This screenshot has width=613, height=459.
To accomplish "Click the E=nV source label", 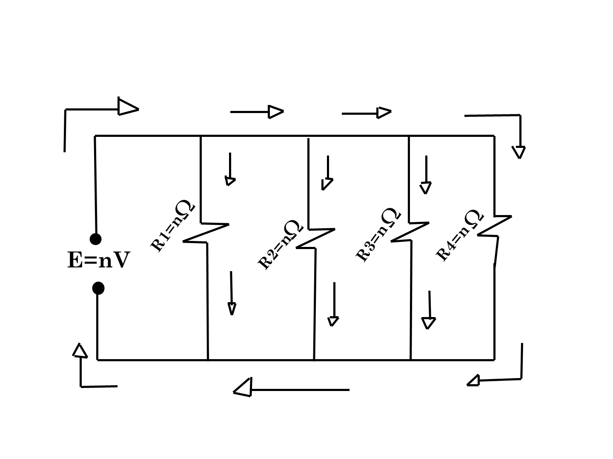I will pyautogui.click(x=98, y=260).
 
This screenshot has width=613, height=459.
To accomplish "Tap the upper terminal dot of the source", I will pyautogui.click(x=95, y=239).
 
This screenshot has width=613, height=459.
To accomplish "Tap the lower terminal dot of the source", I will pyautogui.click(x=98, y=288).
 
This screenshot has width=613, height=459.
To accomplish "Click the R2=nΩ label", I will pyautogui.click(x=280, y=245).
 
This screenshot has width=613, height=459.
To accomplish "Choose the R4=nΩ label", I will pyautogui.click(x=459, y=235).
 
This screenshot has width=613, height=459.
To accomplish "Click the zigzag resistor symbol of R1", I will pyautogui.click(x=206, y=233).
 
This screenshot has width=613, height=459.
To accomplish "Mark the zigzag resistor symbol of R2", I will pyautogui.click(x=315, y=238).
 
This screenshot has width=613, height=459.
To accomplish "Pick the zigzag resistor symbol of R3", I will pyautogui.click(x=410, y=232).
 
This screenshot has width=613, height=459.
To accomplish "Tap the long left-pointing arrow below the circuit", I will pyautogui.click(x=291, y=388).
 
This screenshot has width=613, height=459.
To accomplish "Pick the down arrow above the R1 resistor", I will pyautogui.click(x=230, y=169).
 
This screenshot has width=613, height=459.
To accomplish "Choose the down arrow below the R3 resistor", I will pyautogui.click(x=429, y=310).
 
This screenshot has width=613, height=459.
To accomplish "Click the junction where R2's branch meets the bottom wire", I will pyautogui.click(x=314, y=360).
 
